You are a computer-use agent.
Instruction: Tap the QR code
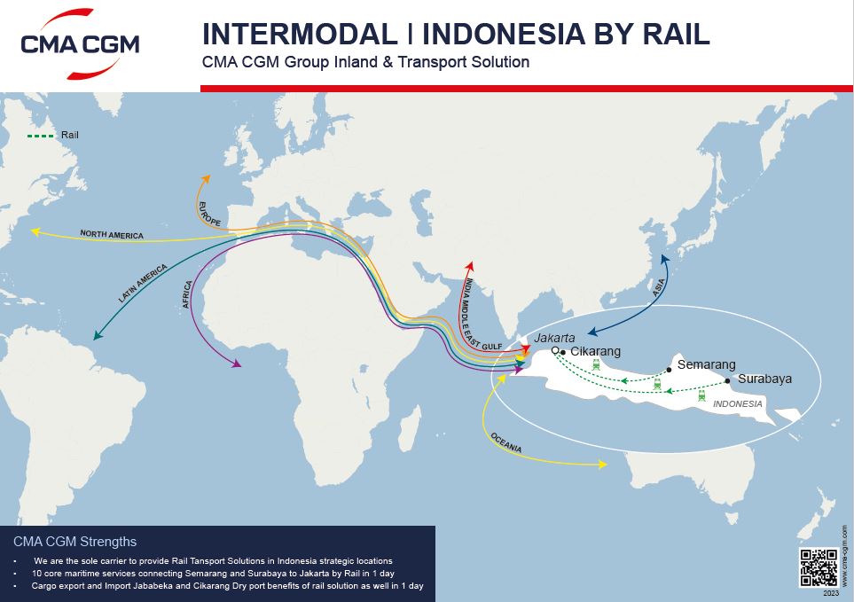[x=818, y=568]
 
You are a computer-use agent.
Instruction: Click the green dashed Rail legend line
[x=40, y=136]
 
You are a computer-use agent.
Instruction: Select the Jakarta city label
[x=555, y=338]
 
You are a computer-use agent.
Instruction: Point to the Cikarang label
[x=595, y=352]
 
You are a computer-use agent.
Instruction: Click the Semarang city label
[x=706, y=364]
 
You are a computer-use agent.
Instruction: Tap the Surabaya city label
[x=764, y=379]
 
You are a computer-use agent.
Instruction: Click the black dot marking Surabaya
[x=728, y=380]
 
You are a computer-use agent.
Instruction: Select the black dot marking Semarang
[x=669, y=370]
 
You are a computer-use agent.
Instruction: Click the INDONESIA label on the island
[x=738, y=404]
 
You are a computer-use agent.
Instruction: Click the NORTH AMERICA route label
[x=112, y=235]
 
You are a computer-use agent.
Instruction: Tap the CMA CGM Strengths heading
[x=75, y=542]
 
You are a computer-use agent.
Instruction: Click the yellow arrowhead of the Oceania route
[x=604, y=464]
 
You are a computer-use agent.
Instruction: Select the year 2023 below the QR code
[x=830, y=592]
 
